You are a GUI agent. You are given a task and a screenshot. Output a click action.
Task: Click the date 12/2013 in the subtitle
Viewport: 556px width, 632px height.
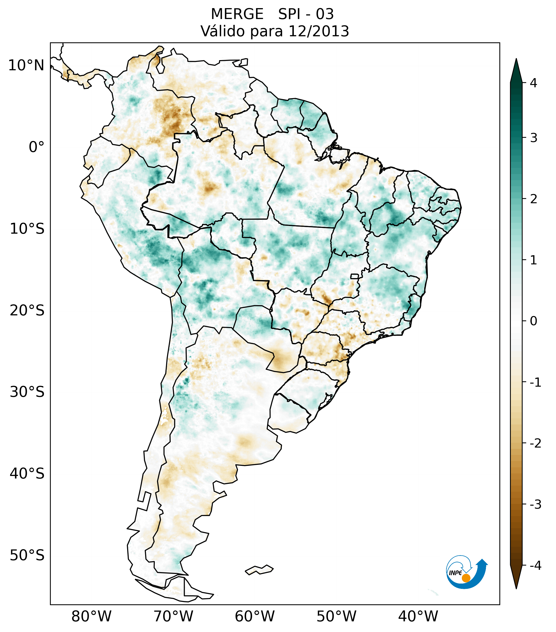318,31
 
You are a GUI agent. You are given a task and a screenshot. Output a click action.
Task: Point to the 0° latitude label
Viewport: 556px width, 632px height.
37,147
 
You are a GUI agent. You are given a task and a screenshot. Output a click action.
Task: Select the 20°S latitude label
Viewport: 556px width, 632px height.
27,311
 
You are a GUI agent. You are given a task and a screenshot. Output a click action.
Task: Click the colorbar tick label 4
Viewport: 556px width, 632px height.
533,83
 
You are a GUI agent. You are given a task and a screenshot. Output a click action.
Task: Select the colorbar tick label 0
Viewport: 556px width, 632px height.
533,321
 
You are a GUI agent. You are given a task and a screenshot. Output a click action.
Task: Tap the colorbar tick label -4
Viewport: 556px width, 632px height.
535,566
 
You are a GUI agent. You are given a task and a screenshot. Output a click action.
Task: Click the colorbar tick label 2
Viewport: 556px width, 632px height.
533,199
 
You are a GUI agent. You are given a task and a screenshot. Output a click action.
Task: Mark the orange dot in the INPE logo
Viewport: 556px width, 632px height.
466,578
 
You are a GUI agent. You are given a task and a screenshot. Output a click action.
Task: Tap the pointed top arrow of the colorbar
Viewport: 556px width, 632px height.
516,70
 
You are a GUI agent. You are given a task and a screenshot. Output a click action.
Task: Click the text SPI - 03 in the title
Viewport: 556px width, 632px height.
306,14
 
